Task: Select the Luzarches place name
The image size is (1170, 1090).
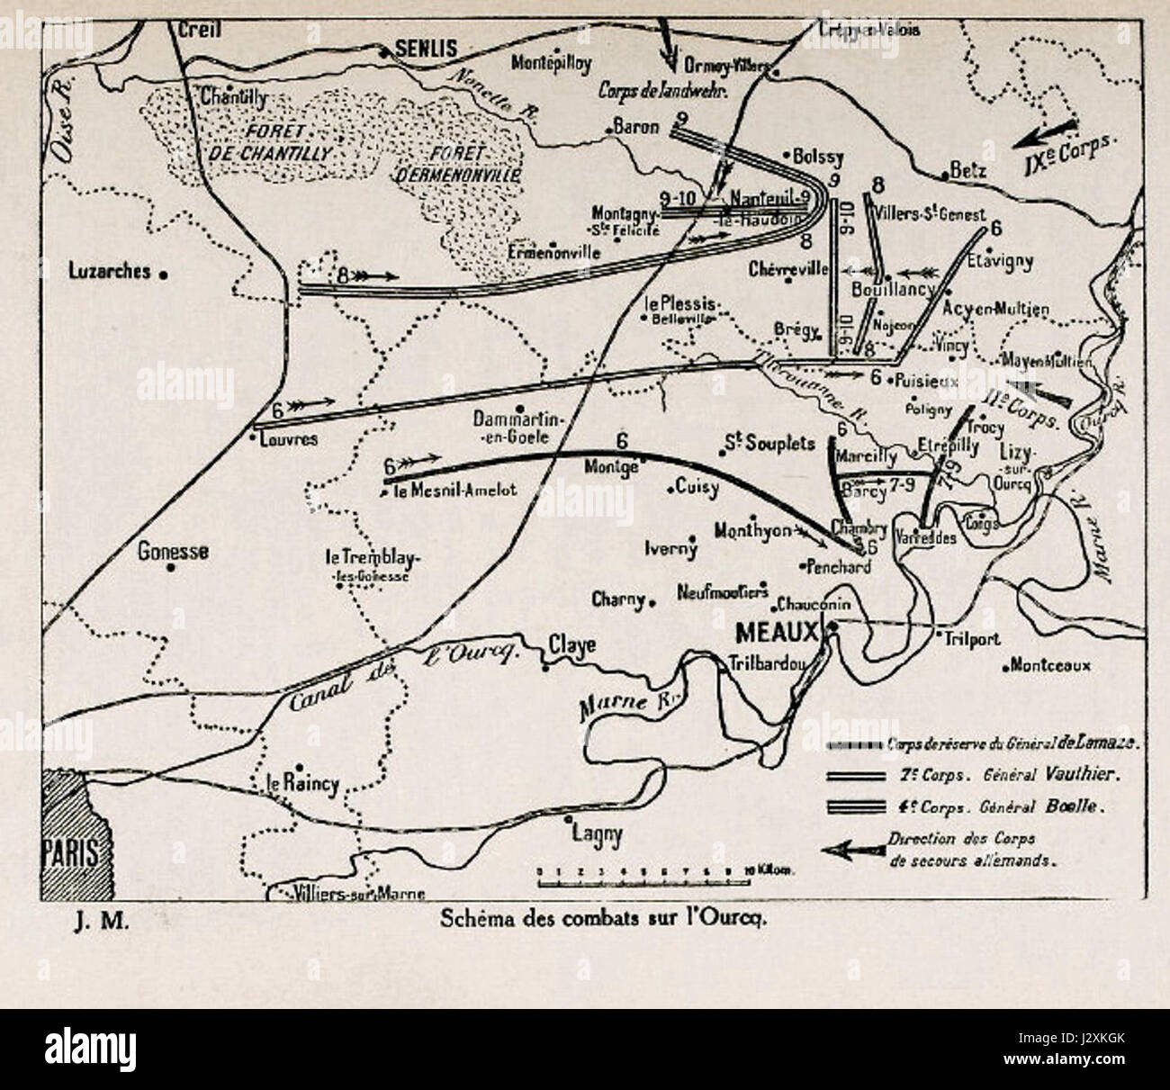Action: click(111, 270)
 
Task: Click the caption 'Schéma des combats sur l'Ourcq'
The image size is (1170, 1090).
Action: click(602, 920)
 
